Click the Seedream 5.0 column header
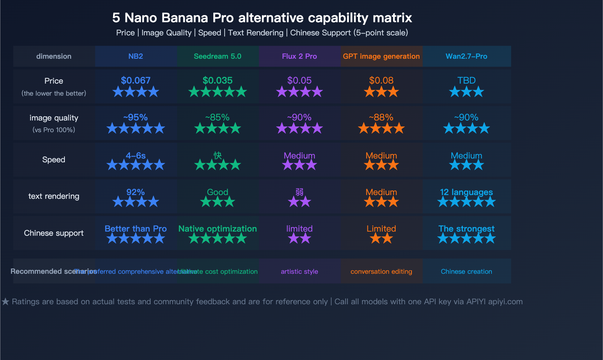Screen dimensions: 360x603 tap(217, 56)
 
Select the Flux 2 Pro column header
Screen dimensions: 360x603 tap(299, 56)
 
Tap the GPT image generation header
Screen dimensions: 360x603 tap(381, 56)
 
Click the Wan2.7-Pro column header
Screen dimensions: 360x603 tap(466, 56)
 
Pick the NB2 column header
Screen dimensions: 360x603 tap(136, 56)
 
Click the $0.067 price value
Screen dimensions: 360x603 tap(136, 80)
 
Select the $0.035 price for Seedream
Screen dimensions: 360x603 tap(217, 80)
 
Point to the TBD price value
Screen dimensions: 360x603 tap(466, 80)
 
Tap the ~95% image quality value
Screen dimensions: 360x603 tap(136, 117)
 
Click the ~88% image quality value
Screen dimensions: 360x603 tap(381, 117)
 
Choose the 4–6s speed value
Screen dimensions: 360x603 tap(136, 156)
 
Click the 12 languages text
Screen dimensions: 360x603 tap(466, 192)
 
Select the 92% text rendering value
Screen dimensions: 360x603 tap(136, 192)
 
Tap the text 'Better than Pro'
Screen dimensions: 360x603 tap(136, 229)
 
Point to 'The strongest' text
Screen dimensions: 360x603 tap(466, 229)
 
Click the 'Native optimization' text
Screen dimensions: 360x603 tap(217, 229)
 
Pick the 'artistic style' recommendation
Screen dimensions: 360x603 tap(299, 272)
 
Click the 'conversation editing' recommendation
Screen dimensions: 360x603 tap(381, 272)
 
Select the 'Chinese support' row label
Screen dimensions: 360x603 tap(54, 233)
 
